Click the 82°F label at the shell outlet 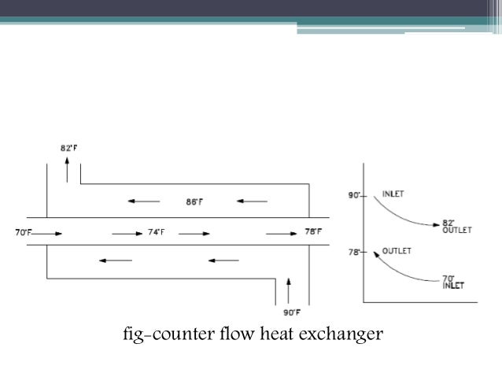click(68, 147)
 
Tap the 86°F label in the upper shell click(194, 201)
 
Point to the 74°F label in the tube click(156, 232)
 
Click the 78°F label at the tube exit click(313, 232)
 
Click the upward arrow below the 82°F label click(67, 167)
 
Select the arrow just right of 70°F click(45, 233)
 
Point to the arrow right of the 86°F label click(252, 201)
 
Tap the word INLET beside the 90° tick click(393, 193)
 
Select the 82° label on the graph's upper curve click(448, 223)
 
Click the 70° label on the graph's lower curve click(448, 278)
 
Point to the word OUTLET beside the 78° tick click(397, 251)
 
